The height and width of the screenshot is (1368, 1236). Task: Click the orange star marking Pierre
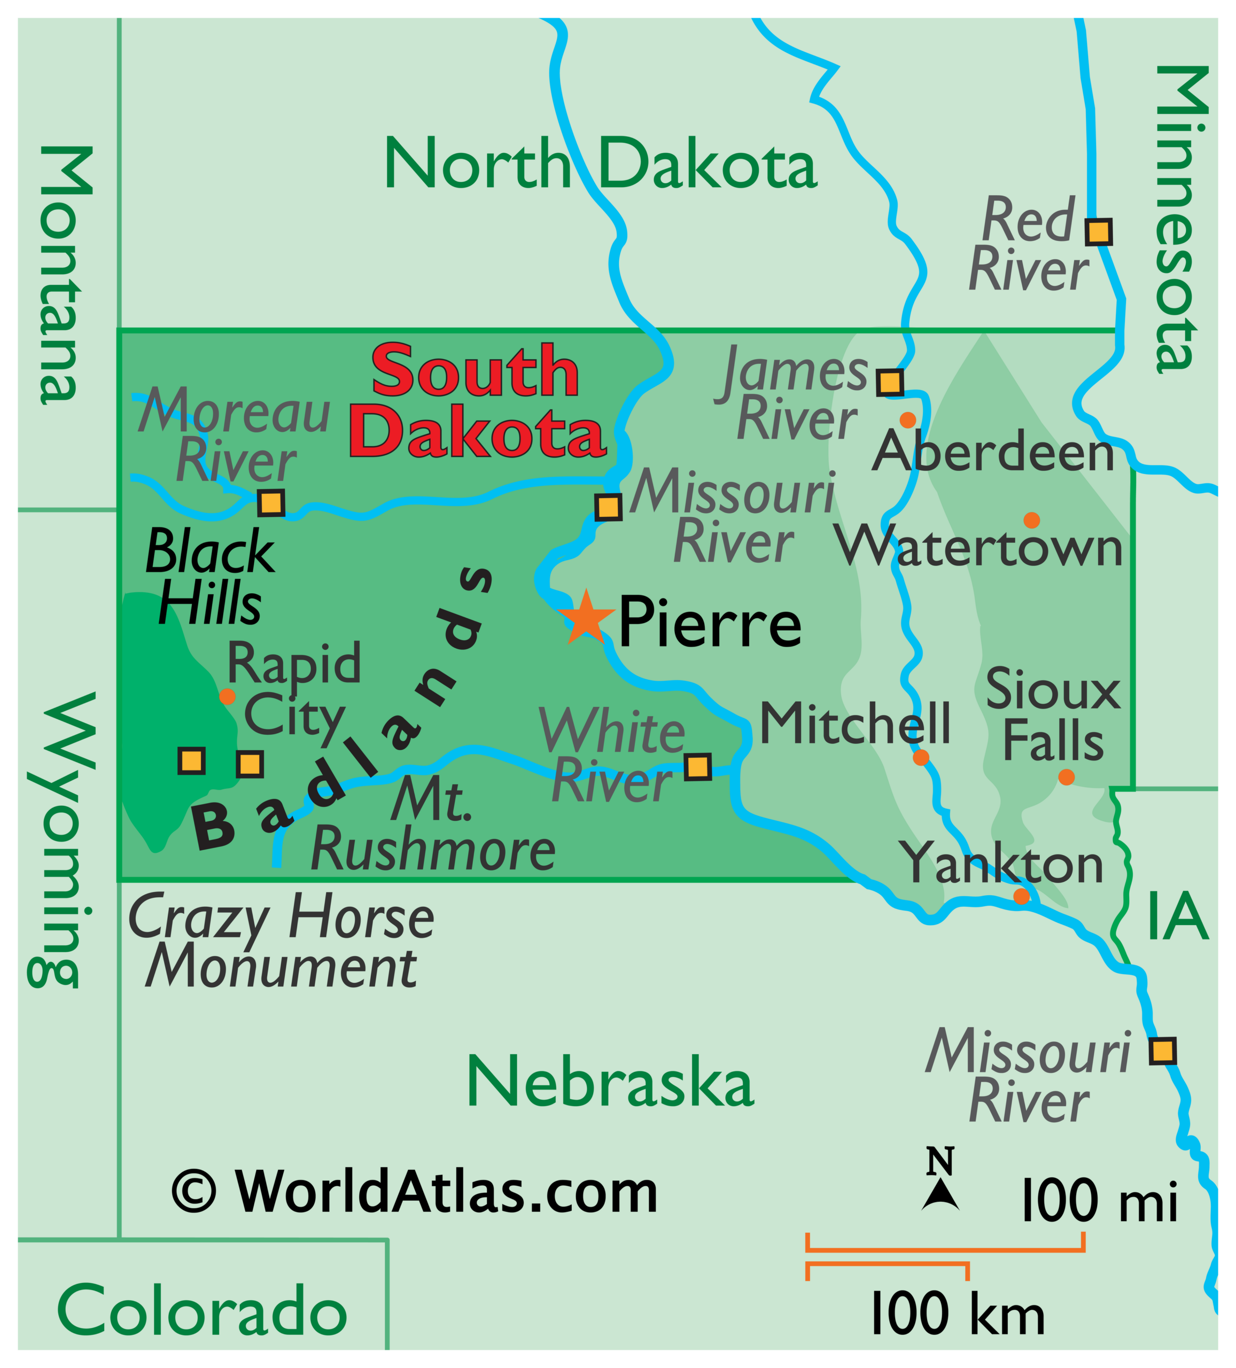(x=585, y=618)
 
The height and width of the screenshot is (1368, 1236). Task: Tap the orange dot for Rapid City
(x=228, y=696)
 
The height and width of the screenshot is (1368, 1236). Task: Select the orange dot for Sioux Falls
(x=1066, y=777)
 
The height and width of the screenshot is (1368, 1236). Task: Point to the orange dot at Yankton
(x=1021, y=896)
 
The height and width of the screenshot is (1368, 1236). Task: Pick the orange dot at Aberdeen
(x=907, y=419)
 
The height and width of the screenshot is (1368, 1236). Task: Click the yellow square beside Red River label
(x=1098, y=231)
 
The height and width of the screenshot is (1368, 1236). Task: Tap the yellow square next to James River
(x=890, y=382)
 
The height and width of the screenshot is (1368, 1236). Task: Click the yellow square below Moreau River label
(x=271, y=503)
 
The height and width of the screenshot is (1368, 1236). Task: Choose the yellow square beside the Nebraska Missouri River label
(x=1163, y=1051)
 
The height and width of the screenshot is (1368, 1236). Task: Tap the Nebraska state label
(x=610, y=1082)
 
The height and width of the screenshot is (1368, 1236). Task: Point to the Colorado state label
(x=203, y=1310)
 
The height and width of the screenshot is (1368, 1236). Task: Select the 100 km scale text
(x=957, y=1312)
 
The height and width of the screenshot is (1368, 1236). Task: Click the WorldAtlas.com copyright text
(x=415, y=1192)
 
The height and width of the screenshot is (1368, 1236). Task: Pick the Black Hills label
(x=209, y=577)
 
